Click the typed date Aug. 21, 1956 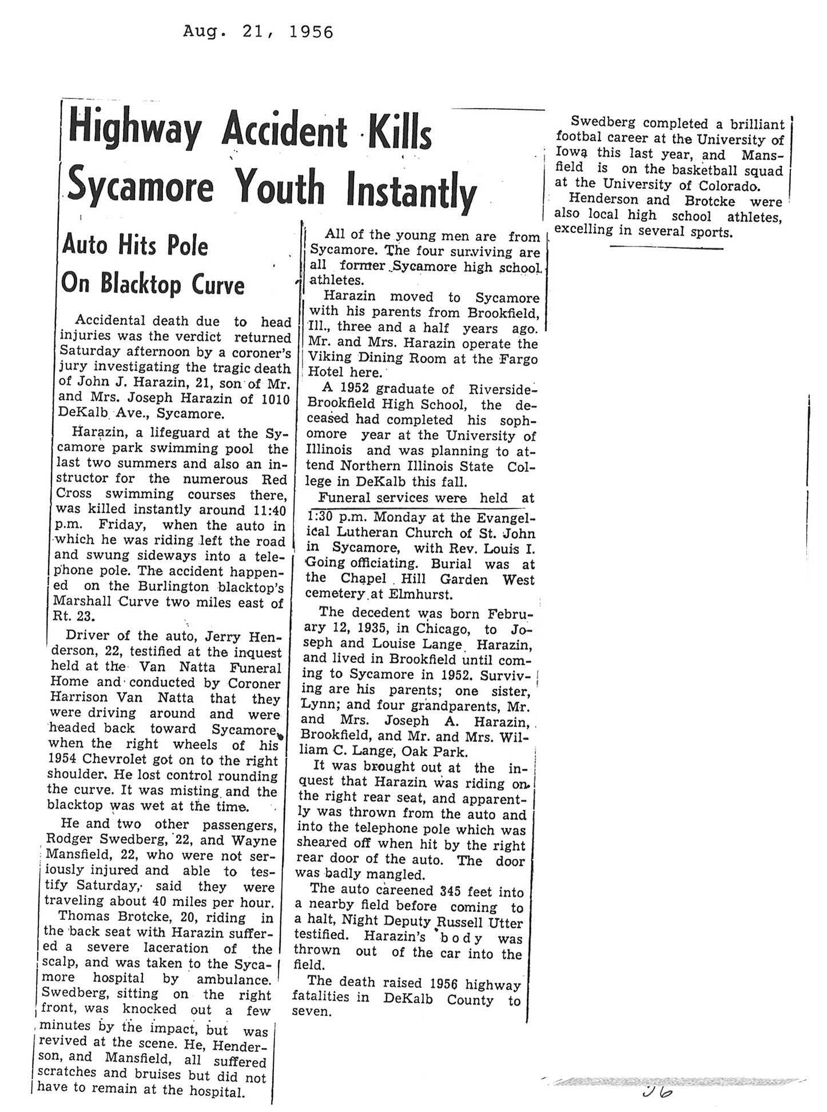pos(258,32)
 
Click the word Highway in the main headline pos(134,132)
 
